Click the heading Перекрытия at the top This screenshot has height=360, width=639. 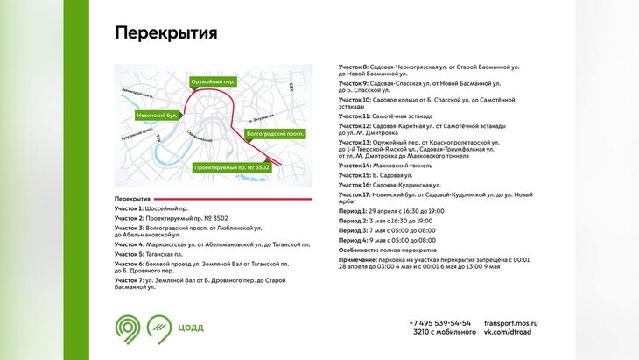(165, 33)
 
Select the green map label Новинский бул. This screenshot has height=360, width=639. (158, 115)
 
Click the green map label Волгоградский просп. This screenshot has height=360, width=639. (275, 134)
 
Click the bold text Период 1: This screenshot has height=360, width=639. (354, 211)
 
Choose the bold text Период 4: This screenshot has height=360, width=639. (354, 240)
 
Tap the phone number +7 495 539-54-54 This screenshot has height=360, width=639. (439, 323)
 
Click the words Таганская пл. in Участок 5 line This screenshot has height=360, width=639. (167, 254)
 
